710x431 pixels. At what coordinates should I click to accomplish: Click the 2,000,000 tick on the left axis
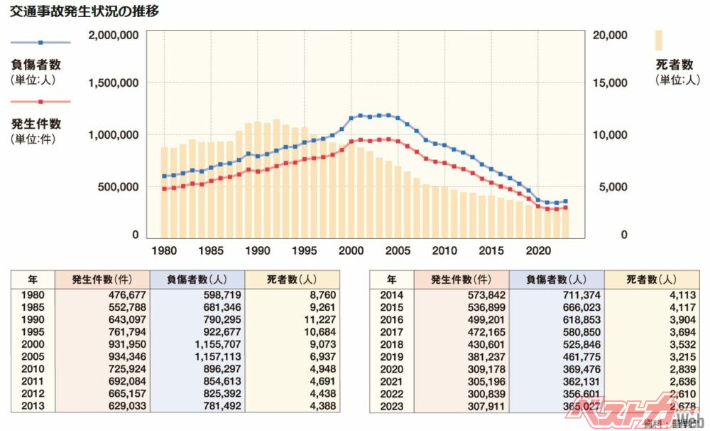click(x=114, y=35)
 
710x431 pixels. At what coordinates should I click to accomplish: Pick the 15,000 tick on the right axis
click(x=609, y=83)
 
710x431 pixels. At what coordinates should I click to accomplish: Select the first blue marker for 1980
click(x=164, y=176)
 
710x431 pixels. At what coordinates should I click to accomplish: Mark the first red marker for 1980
click(x=164, y=188)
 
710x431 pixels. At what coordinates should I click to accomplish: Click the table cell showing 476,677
click(x=101, y=294)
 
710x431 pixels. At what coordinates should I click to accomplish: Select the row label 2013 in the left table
click(x=33, y=406)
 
